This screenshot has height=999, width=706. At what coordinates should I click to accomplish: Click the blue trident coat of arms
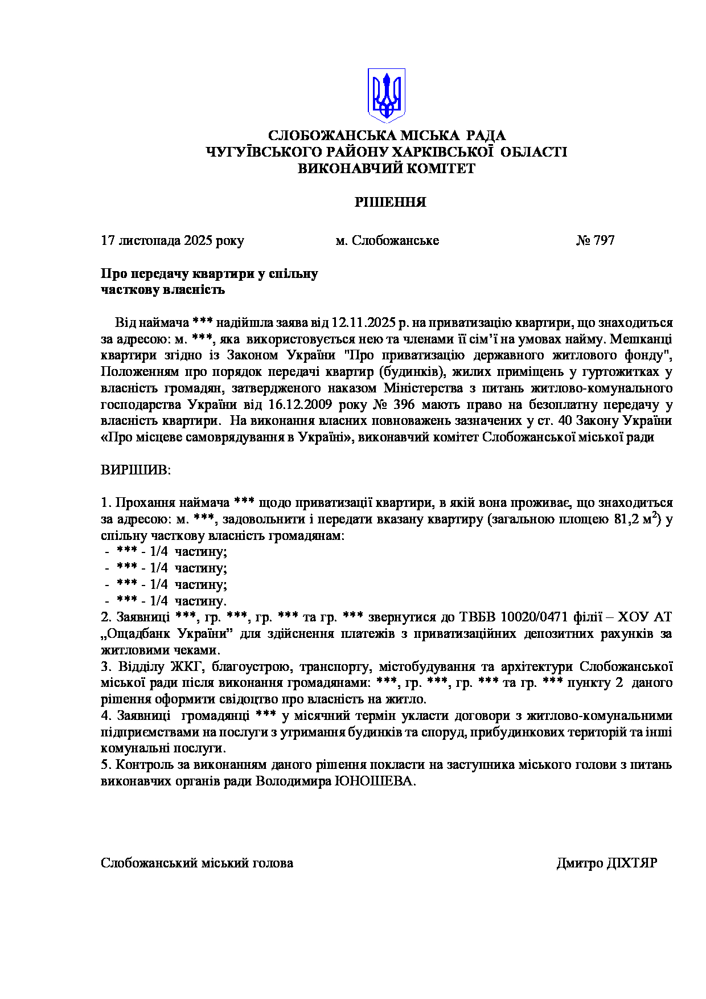click(x=386, y=95)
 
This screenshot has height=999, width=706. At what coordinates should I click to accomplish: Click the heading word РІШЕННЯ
click(x=390, y=202)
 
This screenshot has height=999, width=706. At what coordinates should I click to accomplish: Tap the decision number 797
click(x=604, y=240)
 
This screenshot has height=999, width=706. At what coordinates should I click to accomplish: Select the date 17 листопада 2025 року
click(x=172, y=240)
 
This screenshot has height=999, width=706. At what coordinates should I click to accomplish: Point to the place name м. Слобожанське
click(x=387, y=240)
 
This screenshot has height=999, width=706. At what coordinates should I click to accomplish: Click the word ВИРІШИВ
click(x=136, y=470)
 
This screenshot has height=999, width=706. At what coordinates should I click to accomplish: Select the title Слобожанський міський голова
click(x=197, y=863)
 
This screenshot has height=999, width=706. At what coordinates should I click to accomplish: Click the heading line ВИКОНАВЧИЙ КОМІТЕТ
click(x=387, y=169)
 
